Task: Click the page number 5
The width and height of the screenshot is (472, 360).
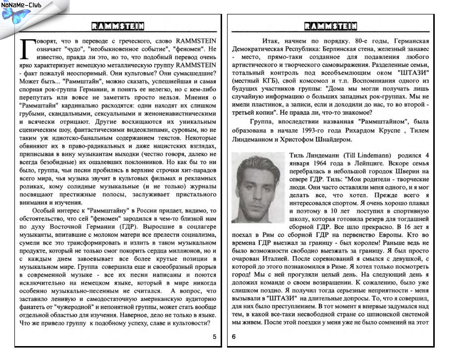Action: (214, 337)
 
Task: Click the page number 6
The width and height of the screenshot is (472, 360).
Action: (234, 337)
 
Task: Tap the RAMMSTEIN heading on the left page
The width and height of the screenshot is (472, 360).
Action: (118, 26)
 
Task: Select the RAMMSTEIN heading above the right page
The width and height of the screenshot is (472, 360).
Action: (330, 26)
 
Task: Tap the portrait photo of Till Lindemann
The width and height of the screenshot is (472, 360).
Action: (258, 186)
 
